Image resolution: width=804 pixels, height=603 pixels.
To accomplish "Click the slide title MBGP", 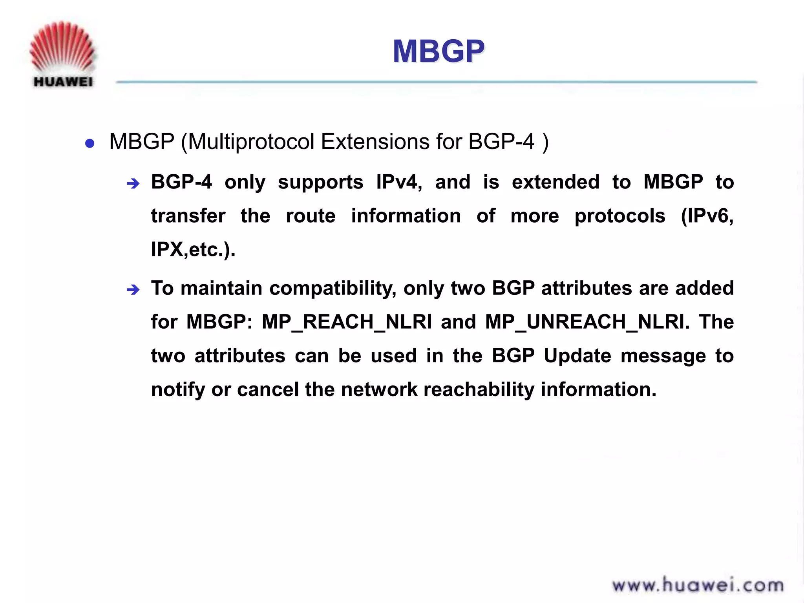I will tap(439, 51).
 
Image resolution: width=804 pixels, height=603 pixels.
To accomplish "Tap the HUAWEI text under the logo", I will tap(63, 82).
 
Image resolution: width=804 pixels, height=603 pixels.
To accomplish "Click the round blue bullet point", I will tap(90, 143).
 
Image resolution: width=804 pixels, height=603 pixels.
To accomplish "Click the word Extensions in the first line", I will tap(375, 142).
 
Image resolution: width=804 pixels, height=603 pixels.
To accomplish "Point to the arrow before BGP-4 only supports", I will tap(133, 183).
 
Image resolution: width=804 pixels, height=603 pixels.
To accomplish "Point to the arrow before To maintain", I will tap(133, 290).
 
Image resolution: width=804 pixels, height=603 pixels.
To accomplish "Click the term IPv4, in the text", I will tap(399, 182).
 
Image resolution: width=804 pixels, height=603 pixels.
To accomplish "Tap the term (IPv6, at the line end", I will tap(707, 216).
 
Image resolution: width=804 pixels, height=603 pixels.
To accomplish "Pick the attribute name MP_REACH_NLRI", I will tap(347, 322).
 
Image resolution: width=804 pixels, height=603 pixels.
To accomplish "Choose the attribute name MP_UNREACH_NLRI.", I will tap(587, 322).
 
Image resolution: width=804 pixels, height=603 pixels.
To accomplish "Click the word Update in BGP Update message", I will tap(577, 356).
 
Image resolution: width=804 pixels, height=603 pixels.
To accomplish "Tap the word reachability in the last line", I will tap(479, 390).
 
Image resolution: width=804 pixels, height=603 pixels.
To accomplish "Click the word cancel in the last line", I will tap(268, 390).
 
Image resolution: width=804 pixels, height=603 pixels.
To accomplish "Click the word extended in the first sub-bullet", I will tap(555, 182).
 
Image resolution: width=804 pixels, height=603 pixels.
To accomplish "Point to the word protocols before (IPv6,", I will tap(620, 216).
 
